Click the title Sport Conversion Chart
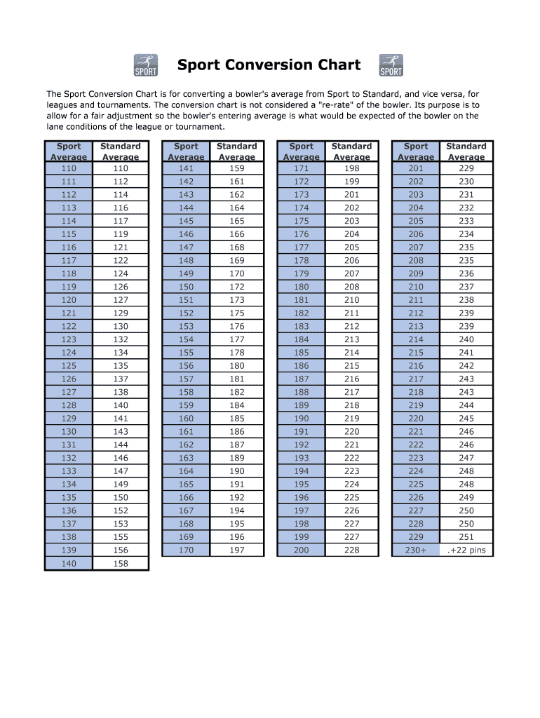tap(269, 65)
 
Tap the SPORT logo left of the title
tap(145, 65)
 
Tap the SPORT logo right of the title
tap(391, 65)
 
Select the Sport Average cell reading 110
tap(69, 168)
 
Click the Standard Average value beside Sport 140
tap(121, 564)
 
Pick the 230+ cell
tap(416, 550)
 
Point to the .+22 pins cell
tap(466, 550)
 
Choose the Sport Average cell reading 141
tap(186, 168)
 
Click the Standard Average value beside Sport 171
tap(351, 168)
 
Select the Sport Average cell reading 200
tap(301, 550)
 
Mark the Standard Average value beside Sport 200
tap(351, 550)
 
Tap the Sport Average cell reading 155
tap(186, 353)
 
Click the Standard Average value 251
tap(466, 537)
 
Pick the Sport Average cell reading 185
tap(301, 353)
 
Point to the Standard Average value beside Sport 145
tap(237, 221)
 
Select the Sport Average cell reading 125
tap(69, 366)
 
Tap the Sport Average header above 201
tap(416, 151)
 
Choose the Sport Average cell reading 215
tap(416, 353)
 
